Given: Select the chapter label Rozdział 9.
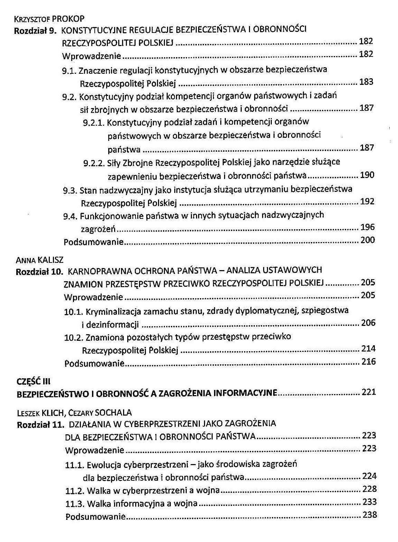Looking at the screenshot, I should [35, 30].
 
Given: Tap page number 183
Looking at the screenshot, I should [366, 82].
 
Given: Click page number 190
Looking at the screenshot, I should [367, 175].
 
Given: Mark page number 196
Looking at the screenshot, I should [367, 227].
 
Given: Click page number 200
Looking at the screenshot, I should [367, 240].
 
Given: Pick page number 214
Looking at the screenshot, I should [368, 349].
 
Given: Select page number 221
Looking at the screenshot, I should [369, 393].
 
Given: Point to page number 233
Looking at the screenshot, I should [369, 502].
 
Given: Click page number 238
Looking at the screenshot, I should [370, 515].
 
